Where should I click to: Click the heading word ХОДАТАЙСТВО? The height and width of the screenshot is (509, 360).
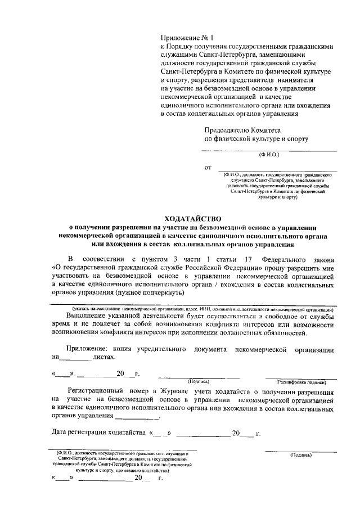pyautogui.click(x=193, y=218)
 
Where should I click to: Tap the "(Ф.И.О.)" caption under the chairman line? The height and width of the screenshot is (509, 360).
pyautogui.click(x=270, y=154)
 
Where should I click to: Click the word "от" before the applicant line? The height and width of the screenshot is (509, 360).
pyautogui.click(x=208, y=168)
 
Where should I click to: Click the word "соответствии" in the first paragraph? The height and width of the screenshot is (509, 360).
pyautogui.click(x=104, y=259)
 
